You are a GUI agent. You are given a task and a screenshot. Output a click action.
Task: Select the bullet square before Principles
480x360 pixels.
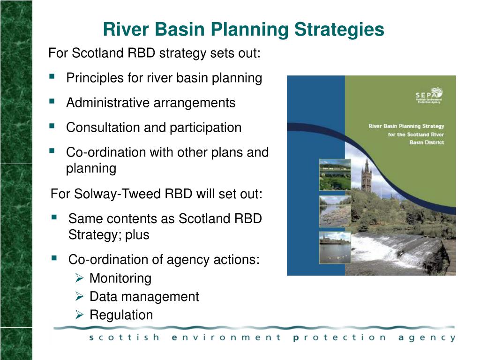[x=52, y=76]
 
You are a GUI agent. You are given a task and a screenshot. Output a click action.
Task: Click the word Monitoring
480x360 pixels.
[x=120, y=278]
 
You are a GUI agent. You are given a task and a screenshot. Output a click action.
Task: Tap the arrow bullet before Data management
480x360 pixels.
[x=80, y=297]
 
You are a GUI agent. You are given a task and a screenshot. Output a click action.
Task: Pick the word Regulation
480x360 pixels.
[x=121, y=315]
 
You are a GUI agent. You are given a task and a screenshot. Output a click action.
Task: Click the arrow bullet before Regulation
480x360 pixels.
[x=80, y=315]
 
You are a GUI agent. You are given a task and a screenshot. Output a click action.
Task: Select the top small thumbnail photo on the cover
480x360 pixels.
[x=335, y=174]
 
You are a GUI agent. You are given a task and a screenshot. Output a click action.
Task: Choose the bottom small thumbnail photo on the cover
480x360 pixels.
[x=335, y=247]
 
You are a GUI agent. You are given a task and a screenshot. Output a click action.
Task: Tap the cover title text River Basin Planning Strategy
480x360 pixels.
[x=406, y=126]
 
